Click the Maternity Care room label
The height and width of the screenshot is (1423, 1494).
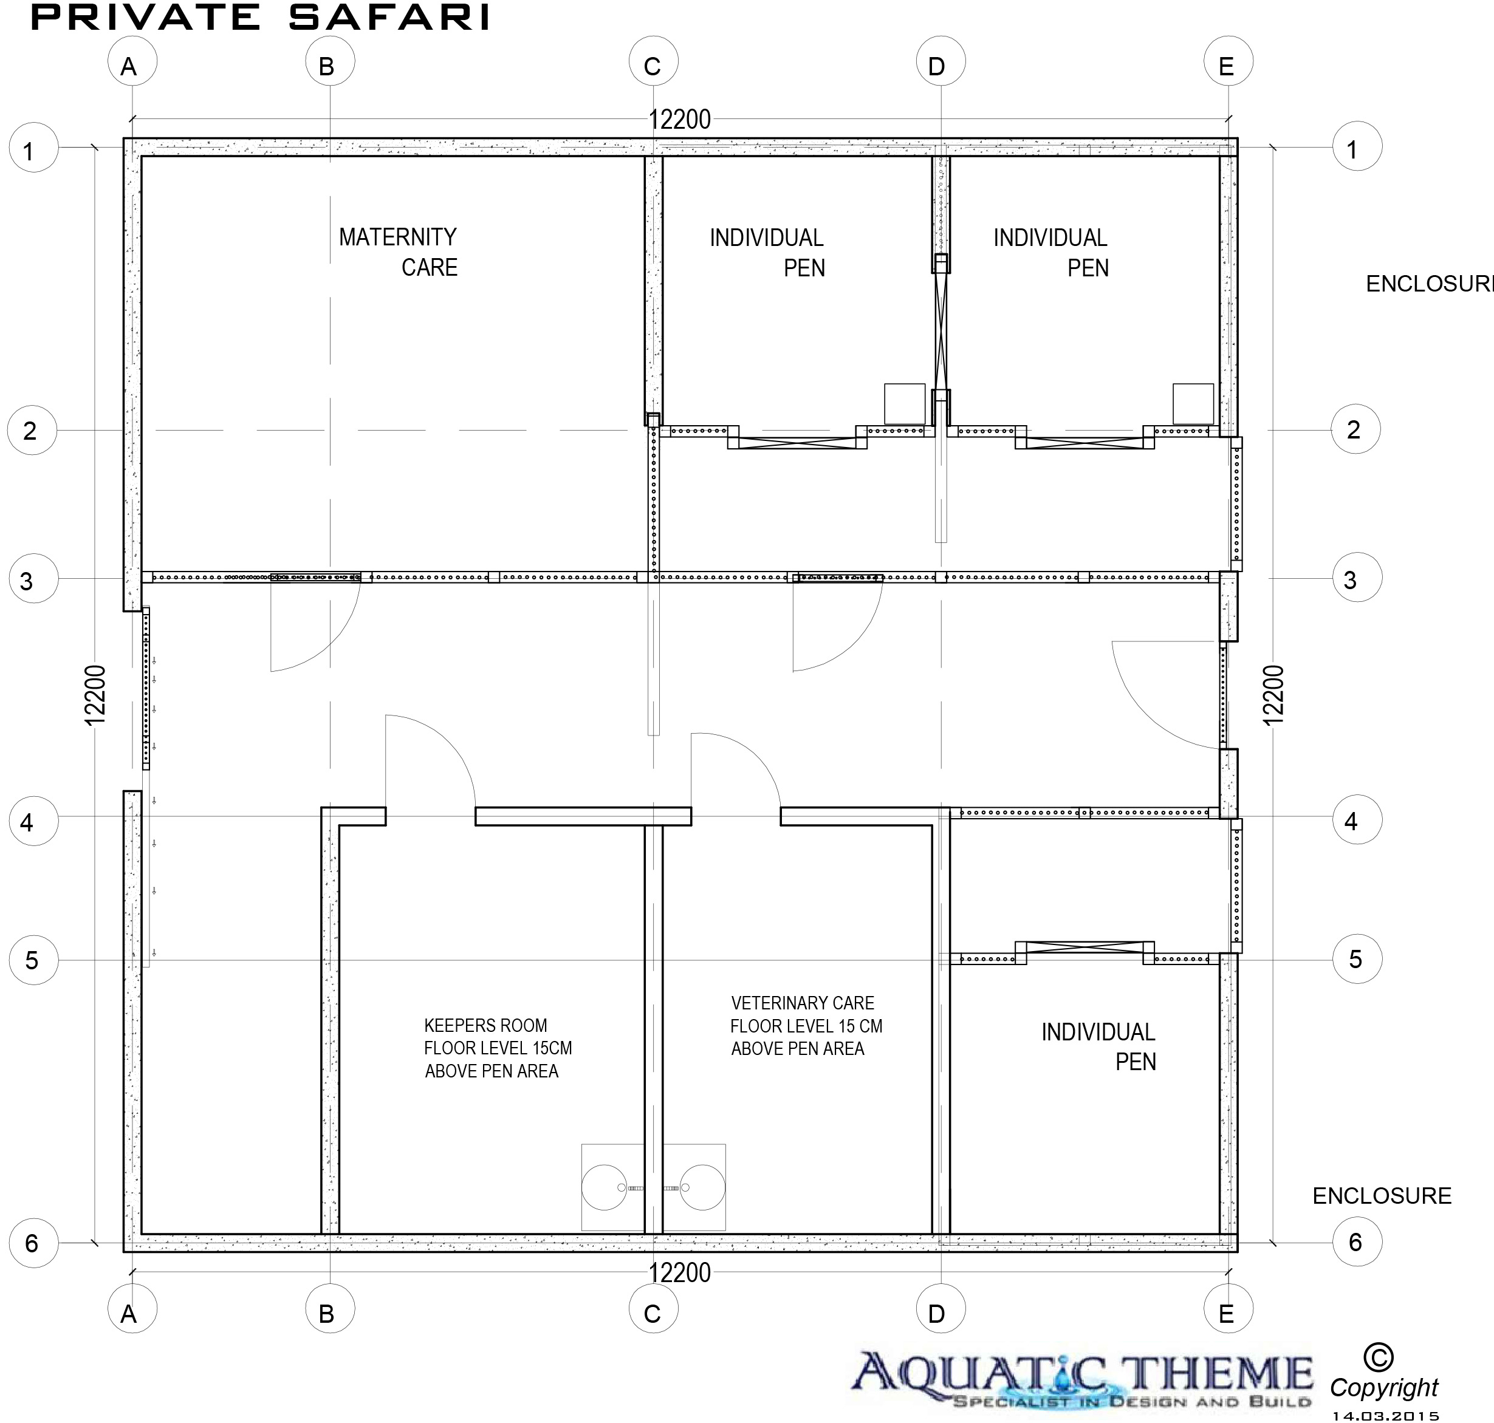pos(399,252)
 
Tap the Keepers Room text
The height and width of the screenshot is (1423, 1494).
pos(485,1026)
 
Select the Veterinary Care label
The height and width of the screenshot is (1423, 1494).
pos(802,1003)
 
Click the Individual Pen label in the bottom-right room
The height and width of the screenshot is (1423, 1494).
pos(1098,1047)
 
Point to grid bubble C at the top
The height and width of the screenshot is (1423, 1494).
pos(653,62)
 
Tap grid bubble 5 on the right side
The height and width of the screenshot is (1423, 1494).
pos(1357,959)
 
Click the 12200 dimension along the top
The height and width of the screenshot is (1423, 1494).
pos(680,119)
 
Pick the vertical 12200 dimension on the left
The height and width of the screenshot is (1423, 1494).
pos(95,695)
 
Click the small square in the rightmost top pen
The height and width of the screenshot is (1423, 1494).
pos(1193,403)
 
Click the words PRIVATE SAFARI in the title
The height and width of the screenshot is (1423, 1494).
pos(260,18)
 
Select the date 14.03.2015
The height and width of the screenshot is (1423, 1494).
pos(1385,1414)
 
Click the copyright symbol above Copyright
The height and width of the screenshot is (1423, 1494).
pos(1378,1356)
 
